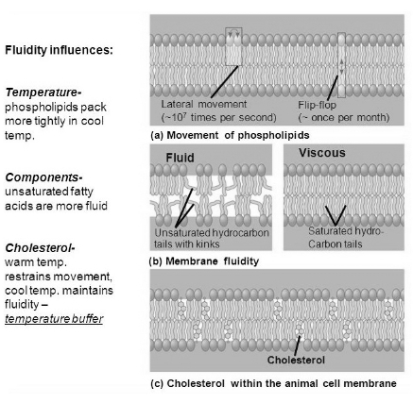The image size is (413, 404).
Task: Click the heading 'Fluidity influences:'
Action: pos(59,50)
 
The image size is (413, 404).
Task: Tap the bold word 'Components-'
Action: pos(43,177)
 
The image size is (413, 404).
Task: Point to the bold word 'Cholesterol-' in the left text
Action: pos(40,248)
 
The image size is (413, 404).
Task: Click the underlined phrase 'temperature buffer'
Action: pos(54,319)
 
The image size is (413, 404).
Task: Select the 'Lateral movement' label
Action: pos(204,104)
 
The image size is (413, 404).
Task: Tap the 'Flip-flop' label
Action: pos(317,105)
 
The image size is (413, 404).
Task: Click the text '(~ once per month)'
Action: pos(344,117)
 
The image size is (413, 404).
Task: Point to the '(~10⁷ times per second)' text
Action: pos(219,117)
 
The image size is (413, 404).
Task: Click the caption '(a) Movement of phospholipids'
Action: pos(230,135)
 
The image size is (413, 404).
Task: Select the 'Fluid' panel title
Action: pos(180,158)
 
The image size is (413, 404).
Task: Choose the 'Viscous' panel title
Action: pos(322,153)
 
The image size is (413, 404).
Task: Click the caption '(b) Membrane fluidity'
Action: pos(204,261)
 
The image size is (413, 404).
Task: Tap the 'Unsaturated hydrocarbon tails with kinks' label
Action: pos(212,238)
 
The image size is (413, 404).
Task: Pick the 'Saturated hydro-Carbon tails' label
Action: pos(345,237)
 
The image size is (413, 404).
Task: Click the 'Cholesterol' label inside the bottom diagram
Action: pos(296,360)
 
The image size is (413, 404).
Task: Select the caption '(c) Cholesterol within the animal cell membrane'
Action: pos(273,383)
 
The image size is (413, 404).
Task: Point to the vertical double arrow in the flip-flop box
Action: pos(341,66)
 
